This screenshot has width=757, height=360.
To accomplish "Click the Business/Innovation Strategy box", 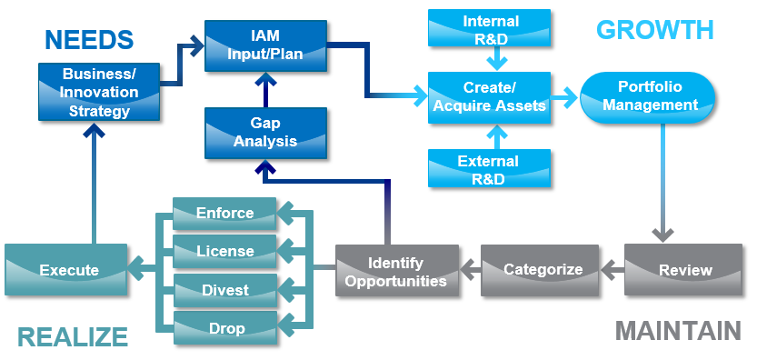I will click(x=100, y=91).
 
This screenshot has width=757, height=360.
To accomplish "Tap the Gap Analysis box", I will click(x=265, y=133).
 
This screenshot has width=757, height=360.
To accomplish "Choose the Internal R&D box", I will click(x=491, y=28).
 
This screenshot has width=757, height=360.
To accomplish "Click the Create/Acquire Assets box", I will click(x=491, y=97).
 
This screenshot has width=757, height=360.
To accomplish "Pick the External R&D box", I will click(x=491, y=169).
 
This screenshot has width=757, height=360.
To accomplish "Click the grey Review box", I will click(x=685, y=270).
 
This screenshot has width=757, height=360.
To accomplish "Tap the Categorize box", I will click(x=543, y=270).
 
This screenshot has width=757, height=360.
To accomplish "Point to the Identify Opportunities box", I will click(x=395, y=271).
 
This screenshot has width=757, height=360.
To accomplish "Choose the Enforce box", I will click(x=224, y=214).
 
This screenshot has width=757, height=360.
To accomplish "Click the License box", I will click(x=224, y=251).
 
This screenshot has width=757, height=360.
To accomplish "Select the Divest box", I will click(x=224, y=290).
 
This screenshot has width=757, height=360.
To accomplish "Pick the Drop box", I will click(x=224, y=328).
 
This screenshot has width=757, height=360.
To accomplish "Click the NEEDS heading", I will click(x=89, y=39).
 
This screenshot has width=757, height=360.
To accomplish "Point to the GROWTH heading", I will click(x=654, y=29).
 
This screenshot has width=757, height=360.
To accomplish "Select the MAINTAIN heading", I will click(x=677, y=330).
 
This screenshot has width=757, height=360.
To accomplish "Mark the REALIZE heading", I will click(x=73, y=337).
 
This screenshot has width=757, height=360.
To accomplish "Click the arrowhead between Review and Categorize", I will click(x=608, y=270).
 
